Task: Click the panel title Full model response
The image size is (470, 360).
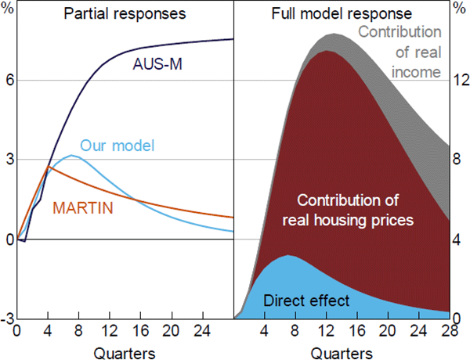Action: click(x=343, y=13)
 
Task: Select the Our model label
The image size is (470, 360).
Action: click(x=117, y=146)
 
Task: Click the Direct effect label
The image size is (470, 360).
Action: click(x=306, y=300)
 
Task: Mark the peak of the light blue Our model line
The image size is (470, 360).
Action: click(x=72, y=156)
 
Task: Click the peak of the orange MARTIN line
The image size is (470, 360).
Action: click(x=48, y=166)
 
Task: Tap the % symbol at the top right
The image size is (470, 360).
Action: click(x=461, y=13)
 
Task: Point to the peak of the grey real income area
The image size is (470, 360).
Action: click(x=334, y=34)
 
